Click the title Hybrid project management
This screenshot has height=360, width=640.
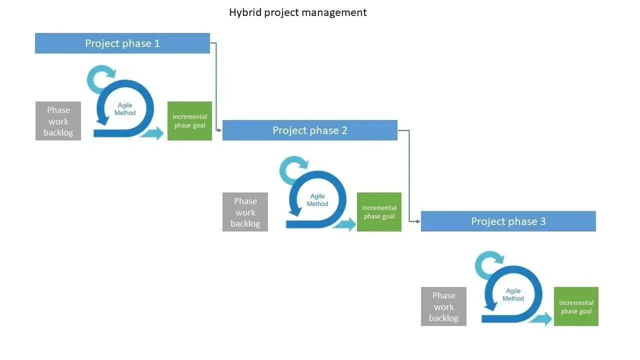(297, 12)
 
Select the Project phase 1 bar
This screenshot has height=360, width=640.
(122, 43)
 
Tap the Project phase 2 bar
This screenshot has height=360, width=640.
(309, 130)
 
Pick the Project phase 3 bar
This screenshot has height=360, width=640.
(508, 221)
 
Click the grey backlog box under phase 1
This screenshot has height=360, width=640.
(58, 121)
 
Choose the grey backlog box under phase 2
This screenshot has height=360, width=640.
(245, 212)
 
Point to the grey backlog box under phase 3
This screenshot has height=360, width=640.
(443, 306)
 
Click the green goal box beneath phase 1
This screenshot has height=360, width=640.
(189, 121)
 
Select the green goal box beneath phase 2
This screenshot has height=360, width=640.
(379, 212)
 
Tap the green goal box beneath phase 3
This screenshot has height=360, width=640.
(576, 306)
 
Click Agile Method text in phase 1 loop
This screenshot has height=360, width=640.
(125, 109)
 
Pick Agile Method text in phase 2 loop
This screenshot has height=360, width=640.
(317, 200)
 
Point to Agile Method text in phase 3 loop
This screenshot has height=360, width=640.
(513, 294)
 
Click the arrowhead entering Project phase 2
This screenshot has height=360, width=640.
(219, 130)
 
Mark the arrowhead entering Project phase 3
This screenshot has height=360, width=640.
(417, 221)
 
